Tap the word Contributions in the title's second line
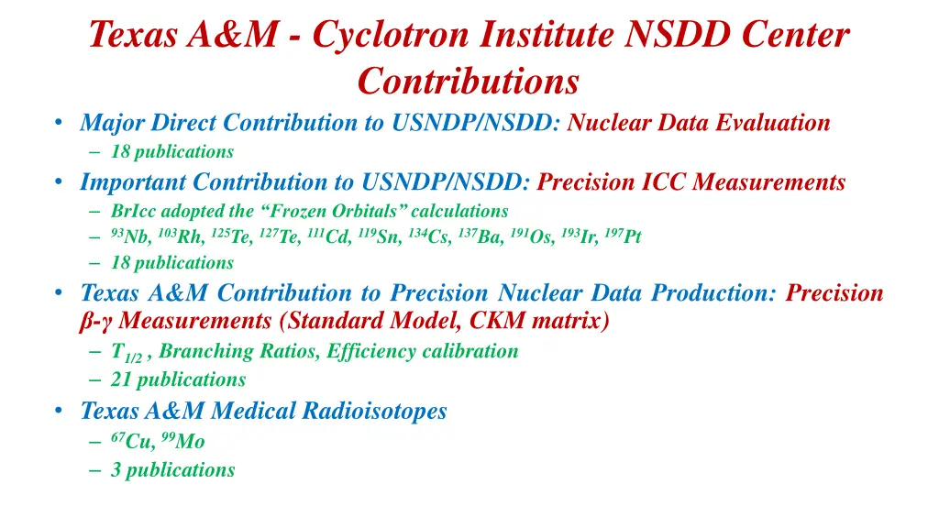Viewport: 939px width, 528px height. pyautogui.click(x=469, y=81)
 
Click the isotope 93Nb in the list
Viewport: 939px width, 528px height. pyautogui.click(x=130, y=237)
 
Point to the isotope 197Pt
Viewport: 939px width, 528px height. pyautogui.click(x=623, y=237)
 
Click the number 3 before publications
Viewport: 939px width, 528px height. pyautogui.click(x=116, y=470)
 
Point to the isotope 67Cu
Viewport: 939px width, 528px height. pyautogui.click(x=133, y=441)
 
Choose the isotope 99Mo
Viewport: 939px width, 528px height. pyautogui.click(x=183, y=441)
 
